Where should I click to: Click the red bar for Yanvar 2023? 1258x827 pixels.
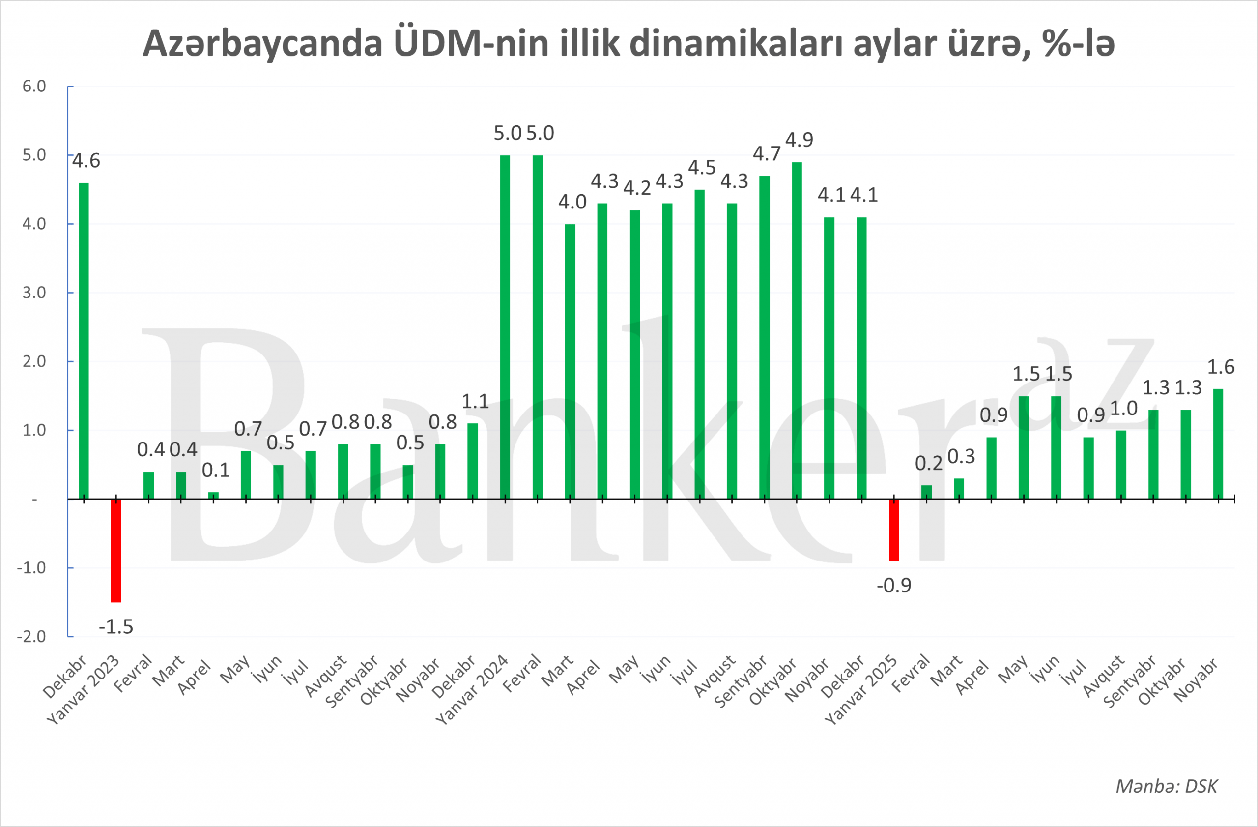tap(116, 550)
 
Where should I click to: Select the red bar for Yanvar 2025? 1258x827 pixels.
tap(894, 530)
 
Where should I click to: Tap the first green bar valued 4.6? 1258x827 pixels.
tap(84, 341)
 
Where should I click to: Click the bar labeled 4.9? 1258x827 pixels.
tap(797, 330)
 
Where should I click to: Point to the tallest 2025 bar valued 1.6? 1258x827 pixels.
tap(1218, 443)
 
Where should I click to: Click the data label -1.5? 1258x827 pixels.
tap(116, 627)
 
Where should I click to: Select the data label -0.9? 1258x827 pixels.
tap(894, 586)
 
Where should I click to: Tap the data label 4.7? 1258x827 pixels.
tap(767, 154)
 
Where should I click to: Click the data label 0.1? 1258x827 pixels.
tap(216, 470)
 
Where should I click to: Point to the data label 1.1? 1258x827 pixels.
tap(475, 402)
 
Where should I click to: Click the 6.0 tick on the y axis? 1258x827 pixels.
tap(34, 86)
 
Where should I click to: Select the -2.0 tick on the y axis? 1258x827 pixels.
tap(32, 636)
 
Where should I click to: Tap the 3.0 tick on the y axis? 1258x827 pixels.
tap(34, 293)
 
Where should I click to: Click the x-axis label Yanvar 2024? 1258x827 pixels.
tap(472, 689)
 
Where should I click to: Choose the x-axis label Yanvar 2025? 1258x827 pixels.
tap(861, 689)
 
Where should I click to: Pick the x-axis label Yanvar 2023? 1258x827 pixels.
tap(83, 689)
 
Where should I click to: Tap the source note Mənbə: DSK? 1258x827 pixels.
tap(1166, 786)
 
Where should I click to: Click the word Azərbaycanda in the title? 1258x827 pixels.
tap(262, 43)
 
